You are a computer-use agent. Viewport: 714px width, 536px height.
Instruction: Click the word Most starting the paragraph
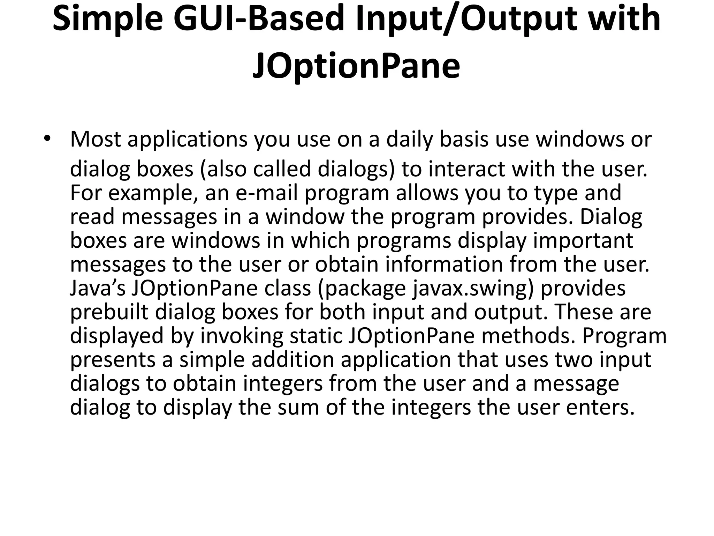(x=95, y=139)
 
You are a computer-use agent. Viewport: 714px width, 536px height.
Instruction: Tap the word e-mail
(x=267, y=193)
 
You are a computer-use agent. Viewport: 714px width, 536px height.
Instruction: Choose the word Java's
(x=98, y=288)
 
